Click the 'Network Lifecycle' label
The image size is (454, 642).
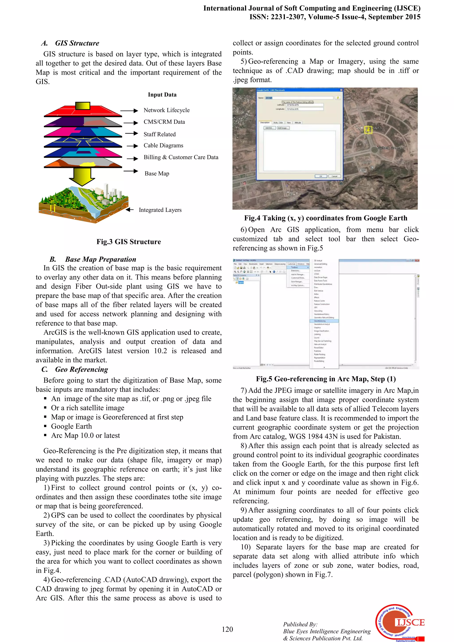pos(166,110)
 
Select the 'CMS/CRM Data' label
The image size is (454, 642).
pos(164,122)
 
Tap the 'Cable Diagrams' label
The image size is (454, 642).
pos(163,145)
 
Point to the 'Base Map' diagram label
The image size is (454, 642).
pos(157,173)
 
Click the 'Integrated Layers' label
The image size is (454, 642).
pos(160,210)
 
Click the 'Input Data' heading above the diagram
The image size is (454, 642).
pos(162,95)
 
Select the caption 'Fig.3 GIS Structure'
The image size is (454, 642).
pos(129,242)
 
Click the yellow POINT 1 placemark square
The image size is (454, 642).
pos(368,130)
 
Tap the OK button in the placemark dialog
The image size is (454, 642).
pos(321,176)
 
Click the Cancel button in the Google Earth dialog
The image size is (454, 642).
pos(334,176)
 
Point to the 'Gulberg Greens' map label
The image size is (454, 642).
pos(389,148)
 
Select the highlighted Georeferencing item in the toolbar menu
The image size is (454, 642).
pos(324,321)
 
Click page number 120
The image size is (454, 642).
pos(227,629)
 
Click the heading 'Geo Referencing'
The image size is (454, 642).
pos(81,369)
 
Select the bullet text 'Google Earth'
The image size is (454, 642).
pos(71,426)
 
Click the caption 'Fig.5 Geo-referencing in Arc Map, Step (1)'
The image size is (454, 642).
pos(326,379)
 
